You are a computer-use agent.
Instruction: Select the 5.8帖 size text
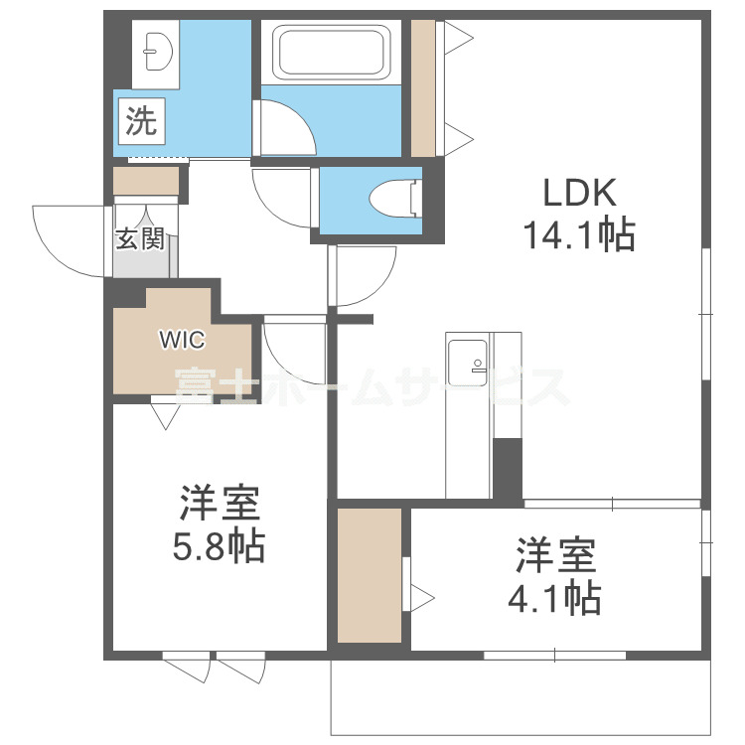click(x=221, y=546)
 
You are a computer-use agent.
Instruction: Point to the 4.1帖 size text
click(x=555, y=598)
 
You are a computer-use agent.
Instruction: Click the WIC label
click(x=182, y=340)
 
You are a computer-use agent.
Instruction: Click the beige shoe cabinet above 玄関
click(x=146, y=182)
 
